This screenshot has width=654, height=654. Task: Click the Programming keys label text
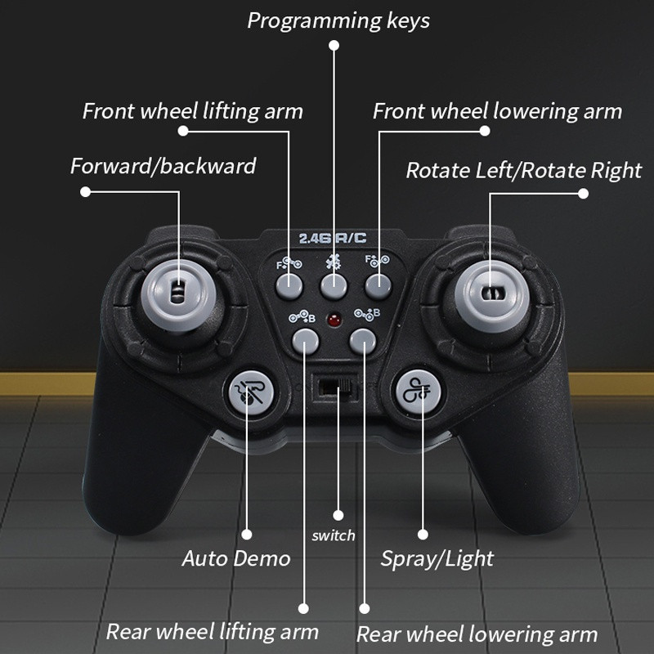click(x=338, y=21)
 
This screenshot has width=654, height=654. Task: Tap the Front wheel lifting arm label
click(x=193, y=111)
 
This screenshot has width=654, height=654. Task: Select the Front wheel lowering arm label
click(x=497, y=111)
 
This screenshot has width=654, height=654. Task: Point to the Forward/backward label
click(x=163, y=166)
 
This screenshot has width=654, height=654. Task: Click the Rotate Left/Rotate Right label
click(x=524, y=171)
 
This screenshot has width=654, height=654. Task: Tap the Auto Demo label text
click(x=236, y=558)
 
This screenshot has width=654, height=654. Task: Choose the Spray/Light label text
click(x=437, y=559)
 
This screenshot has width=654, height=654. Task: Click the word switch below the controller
click(x=334, y=535)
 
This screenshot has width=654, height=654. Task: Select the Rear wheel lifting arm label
click(x=213, y=632)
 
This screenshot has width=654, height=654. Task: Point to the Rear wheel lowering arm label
click(x=477, y=634)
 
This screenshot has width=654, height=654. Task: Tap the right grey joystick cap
click(x=492, y=293)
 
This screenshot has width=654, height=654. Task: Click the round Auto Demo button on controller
click(x=251, y=393)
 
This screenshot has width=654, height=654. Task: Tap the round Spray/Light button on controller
click(x=418, y=392)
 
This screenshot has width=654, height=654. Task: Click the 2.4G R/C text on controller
click(x=333, y=238)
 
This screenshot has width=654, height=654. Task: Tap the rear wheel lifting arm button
click(x=305, y=341)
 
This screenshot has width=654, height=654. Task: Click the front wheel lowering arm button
click(x=379, y=286)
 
